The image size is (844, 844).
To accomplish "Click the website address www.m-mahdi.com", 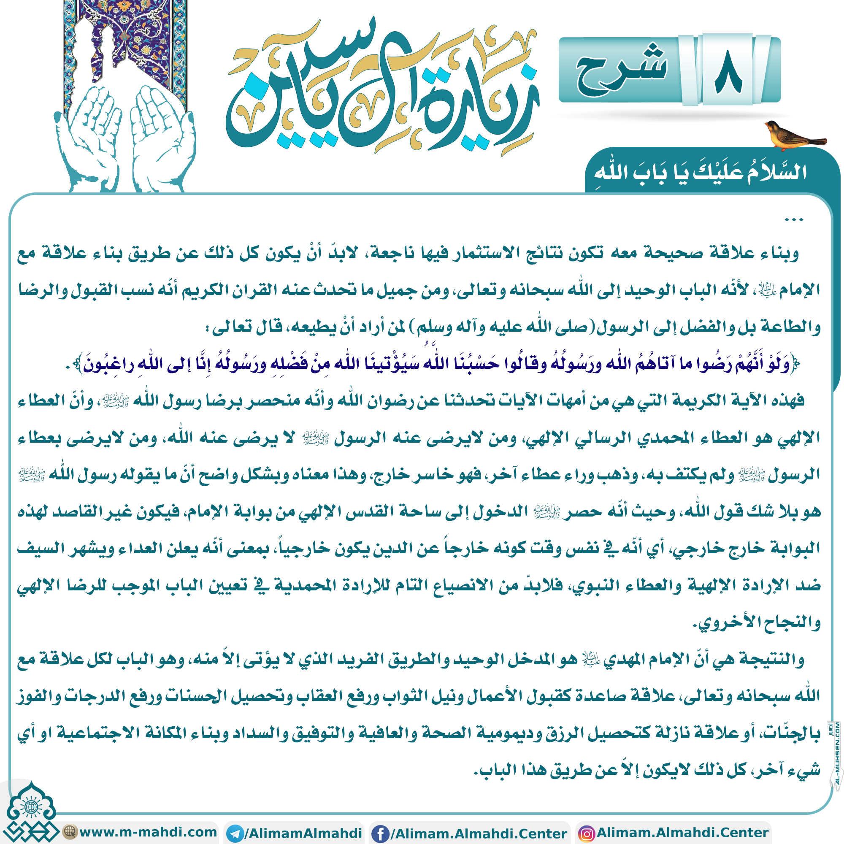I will [148, 832].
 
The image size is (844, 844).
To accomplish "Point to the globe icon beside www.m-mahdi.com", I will [70, 831].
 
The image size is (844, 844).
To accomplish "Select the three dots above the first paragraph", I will [794, 220].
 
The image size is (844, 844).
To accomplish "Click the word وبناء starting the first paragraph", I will [779, 253].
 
